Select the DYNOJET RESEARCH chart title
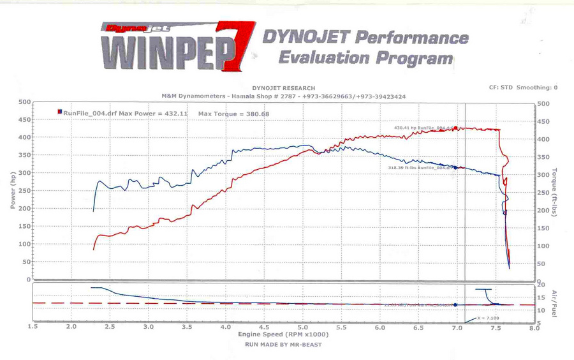coord(283,88)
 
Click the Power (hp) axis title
coord(12,190)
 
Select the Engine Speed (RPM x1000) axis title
coord(283,334)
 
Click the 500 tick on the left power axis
coord(24,102)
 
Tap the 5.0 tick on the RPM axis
coord(303,327)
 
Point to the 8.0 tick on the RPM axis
coord(534,327)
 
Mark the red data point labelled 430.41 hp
coord(455,128)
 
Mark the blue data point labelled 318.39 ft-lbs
coord(455,167)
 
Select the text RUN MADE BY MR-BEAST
coord(283,345)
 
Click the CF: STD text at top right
coord(501,88)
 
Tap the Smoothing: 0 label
coord(537,88)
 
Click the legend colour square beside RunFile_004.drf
coord(59,113)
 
